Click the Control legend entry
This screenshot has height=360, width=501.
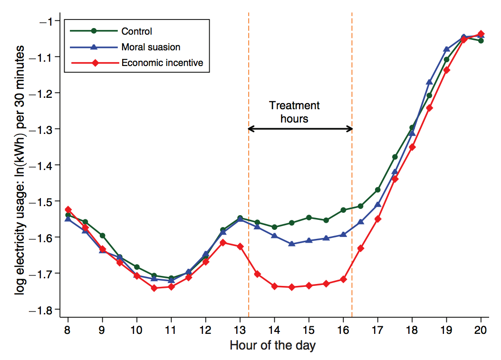(136, 31)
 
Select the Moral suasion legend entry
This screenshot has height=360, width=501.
(151, 47)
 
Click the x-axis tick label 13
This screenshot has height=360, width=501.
(240, 330)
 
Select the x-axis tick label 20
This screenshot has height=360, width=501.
(481, 330)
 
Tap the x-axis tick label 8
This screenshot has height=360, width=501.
(68, 330)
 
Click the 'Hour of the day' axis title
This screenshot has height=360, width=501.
(272, 345)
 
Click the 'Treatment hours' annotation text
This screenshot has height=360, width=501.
(294, 112)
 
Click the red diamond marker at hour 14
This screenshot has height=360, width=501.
(274, 286)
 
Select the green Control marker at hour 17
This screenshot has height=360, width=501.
(378, 189)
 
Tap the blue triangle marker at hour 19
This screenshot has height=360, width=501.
(446, 49)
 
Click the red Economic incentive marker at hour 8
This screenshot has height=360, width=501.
(68, 209)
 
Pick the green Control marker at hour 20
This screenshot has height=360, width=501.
(481, 41)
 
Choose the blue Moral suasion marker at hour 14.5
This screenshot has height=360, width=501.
(292, 244)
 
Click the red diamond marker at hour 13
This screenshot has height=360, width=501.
(240, 246)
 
